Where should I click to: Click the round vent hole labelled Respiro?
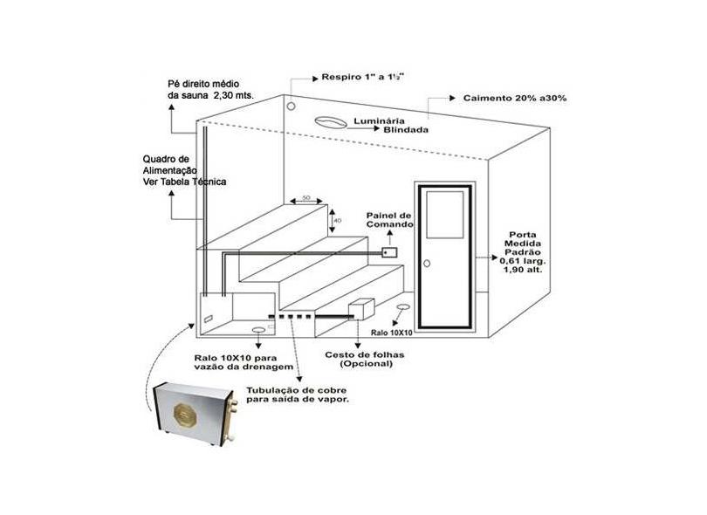(x=292, y=106)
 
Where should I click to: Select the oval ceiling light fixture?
(x=331, y=122)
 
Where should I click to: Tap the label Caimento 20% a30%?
(x=515, y=98)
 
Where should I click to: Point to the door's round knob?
(x=427, y=263)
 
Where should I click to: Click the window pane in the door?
(x=445, y=215)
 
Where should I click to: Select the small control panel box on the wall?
(x=389, y=252)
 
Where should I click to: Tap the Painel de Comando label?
(x=389, y=220)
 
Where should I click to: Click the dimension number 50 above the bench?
(x=306, y=197)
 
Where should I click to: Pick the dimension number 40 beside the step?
(x=338, y=221)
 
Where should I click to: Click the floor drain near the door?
(x=402, y=307)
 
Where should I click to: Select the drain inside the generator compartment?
(x=258, y=330)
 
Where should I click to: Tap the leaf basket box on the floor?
(x=361, y=309)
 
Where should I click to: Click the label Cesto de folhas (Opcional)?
(x=365, y=360)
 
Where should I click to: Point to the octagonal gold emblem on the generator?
(x=185, y=414)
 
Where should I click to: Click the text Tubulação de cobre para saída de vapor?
(x=297, y=395)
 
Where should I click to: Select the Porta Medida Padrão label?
(x=523, y=252)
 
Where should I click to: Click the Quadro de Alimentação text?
(x=184, y=170)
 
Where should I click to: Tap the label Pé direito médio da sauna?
(x=210, y=90)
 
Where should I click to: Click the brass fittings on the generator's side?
(x=234, y=408)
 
